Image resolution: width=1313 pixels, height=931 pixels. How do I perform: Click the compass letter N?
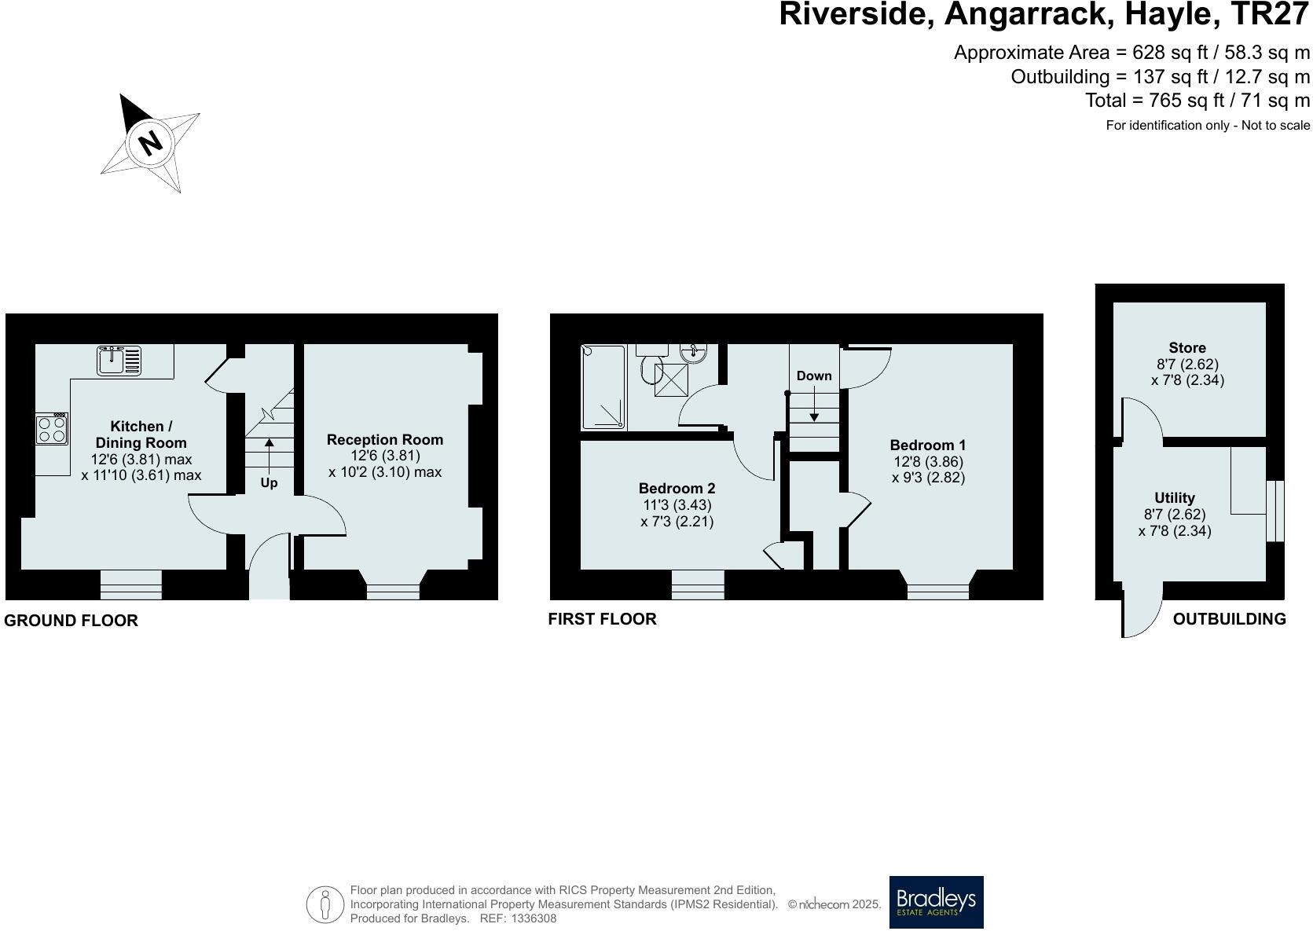[x=150, y=143]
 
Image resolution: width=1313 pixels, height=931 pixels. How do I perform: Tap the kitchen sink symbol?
[x=119, y=361]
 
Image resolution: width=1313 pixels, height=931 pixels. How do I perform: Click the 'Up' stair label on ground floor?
[x=269, y=482]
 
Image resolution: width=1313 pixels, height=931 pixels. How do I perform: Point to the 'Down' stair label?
[x=814, y=376]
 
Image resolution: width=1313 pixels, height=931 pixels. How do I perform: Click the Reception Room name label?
[x=385, y=439]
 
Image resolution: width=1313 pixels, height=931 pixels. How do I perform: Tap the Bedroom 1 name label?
[x=928, y=445]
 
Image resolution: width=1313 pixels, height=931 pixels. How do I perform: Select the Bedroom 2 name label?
[x=677, y=488]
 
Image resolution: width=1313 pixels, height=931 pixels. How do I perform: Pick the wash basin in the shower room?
[x=695, y=353]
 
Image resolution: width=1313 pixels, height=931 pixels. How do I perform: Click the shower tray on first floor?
[x=603, y=387]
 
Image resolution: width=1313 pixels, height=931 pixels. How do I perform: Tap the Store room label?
[x=1186, y=347]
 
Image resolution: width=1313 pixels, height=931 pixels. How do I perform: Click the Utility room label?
[x=1174, y=497]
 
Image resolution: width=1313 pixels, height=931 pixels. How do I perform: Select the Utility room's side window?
[x=1275, y=511]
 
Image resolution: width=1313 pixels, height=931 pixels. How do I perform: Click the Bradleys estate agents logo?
[x=936, y=902]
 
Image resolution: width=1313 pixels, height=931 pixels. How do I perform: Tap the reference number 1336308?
[x=534, y=918]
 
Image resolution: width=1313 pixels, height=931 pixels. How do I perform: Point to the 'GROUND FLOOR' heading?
[x=71, y=620]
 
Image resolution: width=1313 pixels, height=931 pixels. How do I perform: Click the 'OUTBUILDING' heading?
[x=1229, y=618]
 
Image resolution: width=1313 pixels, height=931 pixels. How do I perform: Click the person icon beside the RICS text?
[x=325, y=904]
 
